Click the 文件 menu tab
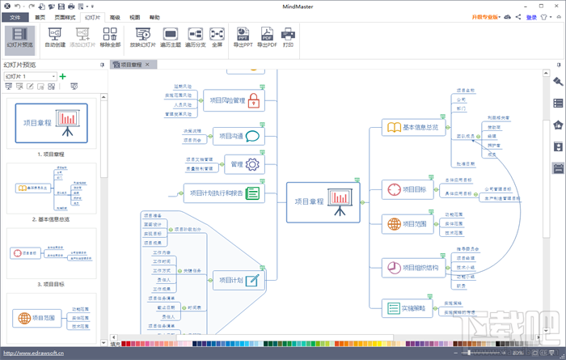click(x=15, y=16)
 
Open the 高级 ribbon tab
click(x=115, y=16)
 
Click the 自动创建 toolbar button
click(x=56, y=37)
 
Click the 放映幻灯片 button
click(x=143, y=37)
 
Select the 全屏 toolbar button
click(x=217, y=37)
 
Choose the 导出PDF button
click(x=266, y=37)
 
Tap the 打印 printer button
click(x=289, y=37)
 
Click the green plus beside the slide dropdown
click(x=63, y=76)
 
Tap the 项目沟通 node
click(x=239, y=137)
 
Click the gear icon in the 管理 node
click(x=252, y=164)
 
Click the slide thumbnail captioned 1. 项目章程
click(x=51, y=125)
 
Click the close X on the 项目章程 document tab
click(x=146, y=64)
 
